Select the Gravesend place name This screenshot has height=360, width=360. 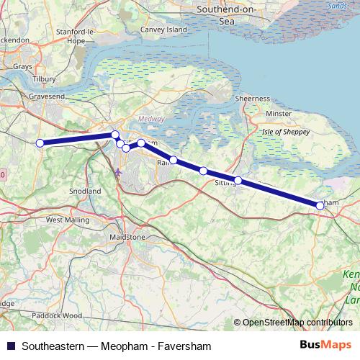(47, 95)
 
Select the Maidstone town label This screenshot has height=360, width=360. (127, 237)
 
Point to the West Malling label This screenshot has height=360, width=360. (66, 220)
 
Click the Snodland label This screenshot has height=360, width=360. (85, 192)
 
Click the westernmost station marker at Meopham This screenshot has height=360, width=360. (40, 143)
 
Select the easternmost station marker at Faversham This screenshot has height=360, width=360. (320, 205)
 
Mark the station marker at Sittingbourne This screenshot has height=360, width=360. (238, 181)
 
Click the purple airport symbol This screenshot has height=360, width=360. (119, 171)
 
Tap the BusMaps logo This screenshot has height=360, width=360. (326, 344)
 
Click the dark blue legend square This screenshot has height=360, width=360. (12, 344)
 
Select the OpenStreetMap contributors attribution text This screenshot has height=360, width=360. (294, 322)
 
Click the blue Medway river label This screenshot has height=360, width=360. (150, 119)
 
